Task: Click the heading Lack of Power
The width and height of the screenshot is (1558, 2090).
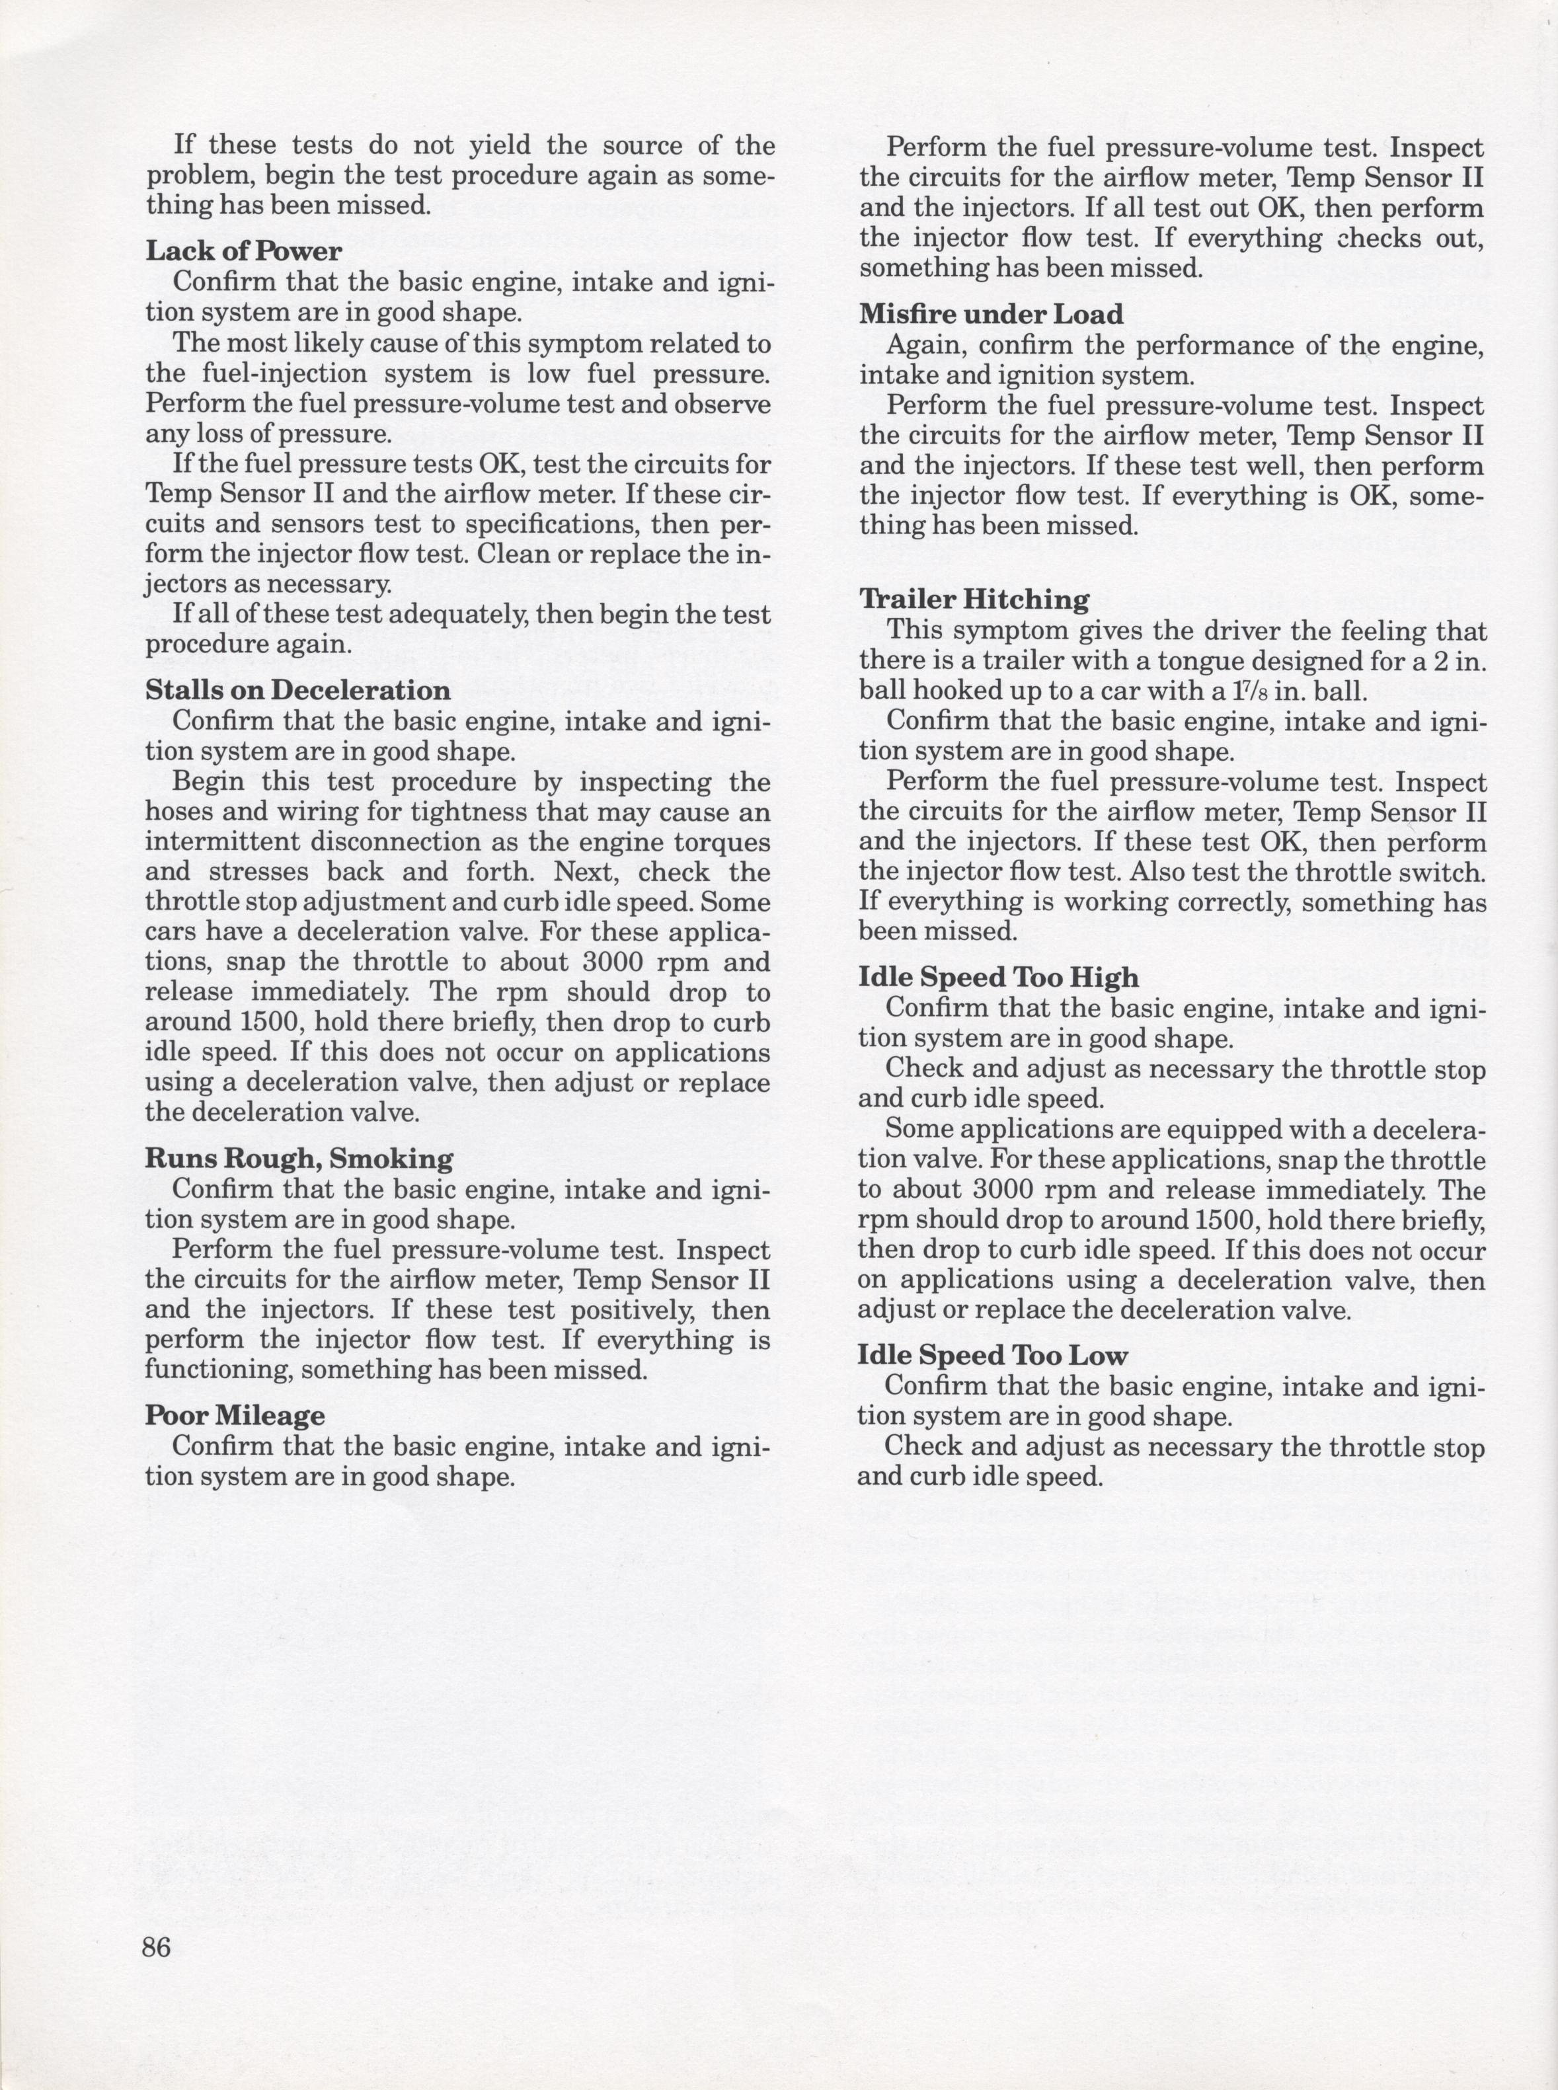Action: [x=243, y=251]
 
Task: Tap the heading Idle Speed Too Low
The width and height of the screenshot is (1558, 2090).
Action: [x=992, y=1355]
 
